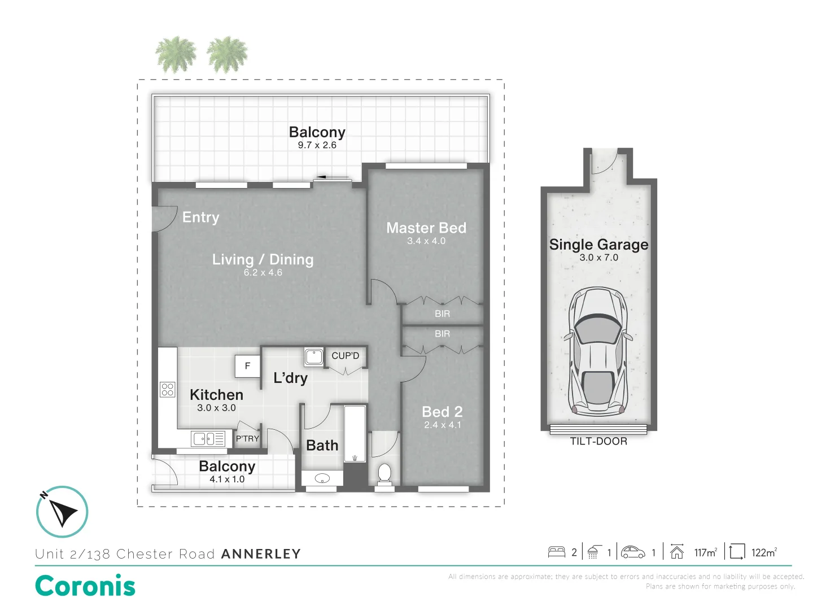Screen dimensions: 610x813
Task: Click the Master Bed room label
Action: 426,228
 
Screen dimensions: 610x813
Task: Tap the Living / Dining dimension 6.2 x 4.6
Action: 263,273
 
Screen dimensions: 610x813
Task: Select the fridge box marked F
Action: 247,366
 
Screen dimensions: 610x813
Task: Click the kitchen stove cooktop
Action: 168,389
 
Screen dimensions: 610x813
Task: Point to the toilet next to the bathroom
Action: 384,473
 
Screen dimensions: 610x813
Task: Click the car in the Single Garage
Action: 598,350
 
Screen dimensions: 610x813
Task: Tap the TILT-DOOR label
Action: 598,442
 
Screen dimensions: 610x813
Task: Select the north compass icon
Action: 62,512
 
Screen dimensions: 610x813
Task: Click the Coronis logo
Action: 85,586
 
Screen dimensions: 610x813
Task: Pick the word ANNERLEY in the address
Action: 261,554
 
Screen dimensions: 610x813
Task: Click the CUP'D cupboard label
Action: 345,356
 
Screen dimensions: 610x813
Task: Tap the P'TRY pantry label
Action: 247,438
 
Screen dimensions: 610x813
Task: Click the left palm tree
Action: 176,55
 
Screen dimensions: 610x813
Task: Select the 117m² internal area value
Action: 705,552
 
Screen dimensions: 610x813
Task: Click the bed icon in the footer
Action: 557,552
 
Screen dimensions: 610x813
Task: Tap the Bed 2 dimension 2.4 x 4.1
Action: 443,425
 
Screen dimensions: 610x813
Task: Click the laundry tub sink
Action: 314,356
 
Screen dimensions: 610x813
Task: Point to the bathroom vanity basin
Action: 322,479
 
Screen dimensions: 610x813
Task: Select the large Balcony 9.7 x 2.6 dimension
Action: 317,145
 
